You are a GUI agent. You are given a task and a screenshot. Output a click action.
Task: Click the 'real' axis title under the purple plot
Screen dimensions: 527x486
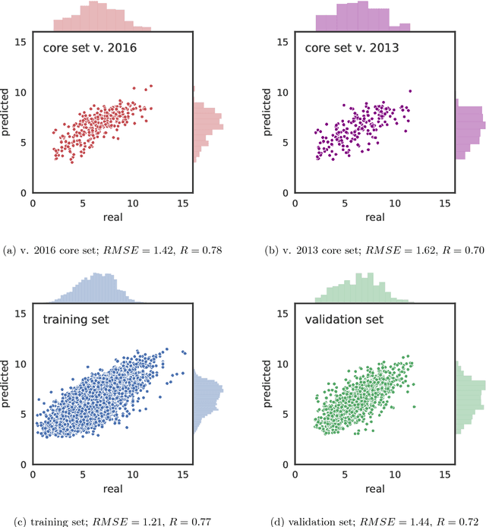coord(374,217)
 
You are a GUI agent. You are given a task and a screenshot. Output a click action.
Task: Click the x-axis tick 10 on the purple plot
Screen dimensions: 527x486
coord(394,203)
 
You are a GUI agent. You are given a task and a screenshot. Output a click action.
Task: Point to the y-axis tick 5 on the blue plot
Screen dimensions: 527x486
coord(24,414)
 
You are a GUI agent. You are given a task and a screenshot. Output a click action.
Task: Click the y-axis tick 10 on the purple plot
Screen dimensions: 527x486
coord(282,92)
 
